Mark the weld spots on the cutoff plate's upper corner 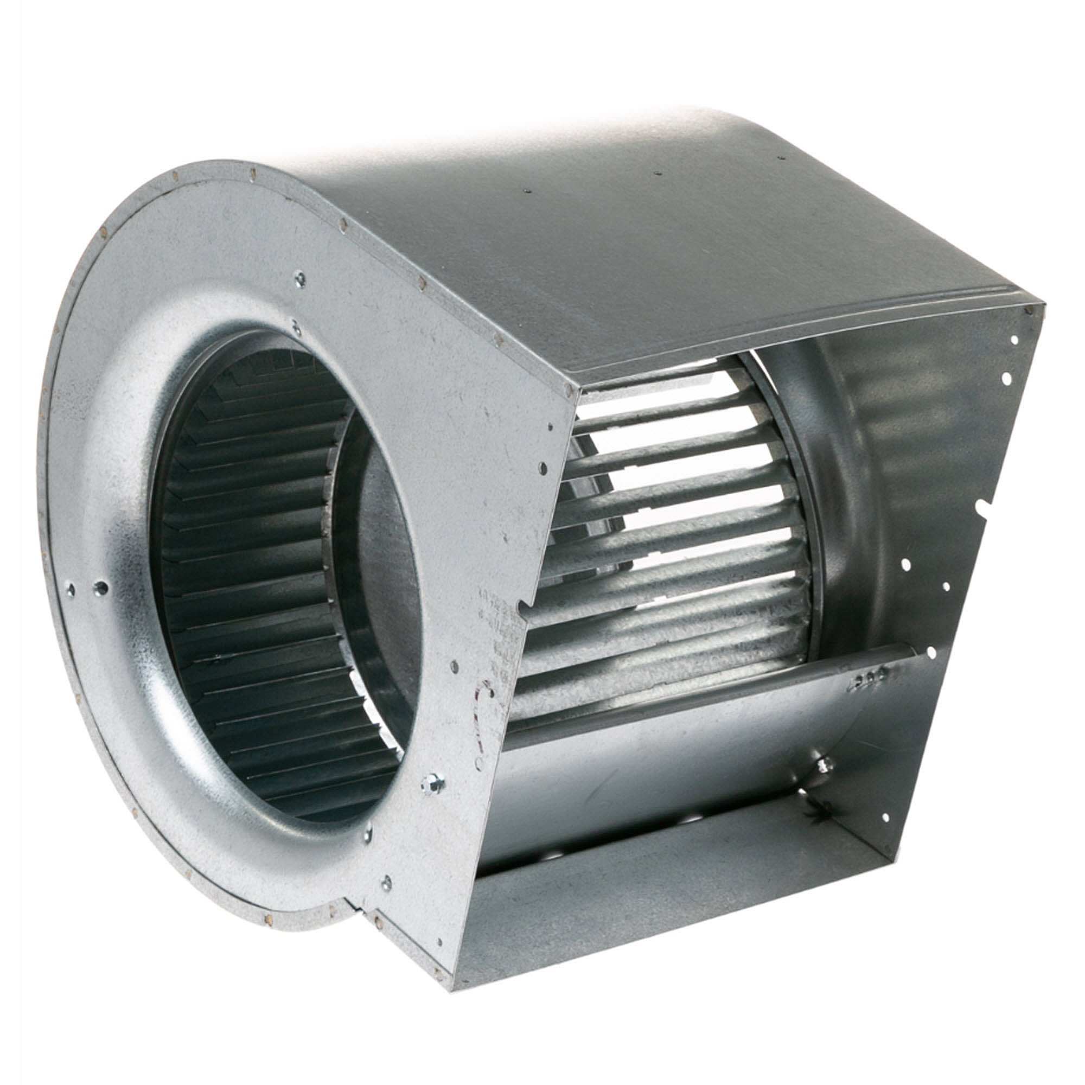865,679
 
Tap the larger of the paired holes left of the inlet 101,588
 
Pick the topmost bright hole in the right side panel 1014,339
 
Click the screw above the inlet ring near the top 300,277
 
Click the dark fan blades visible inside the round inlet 236,561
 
